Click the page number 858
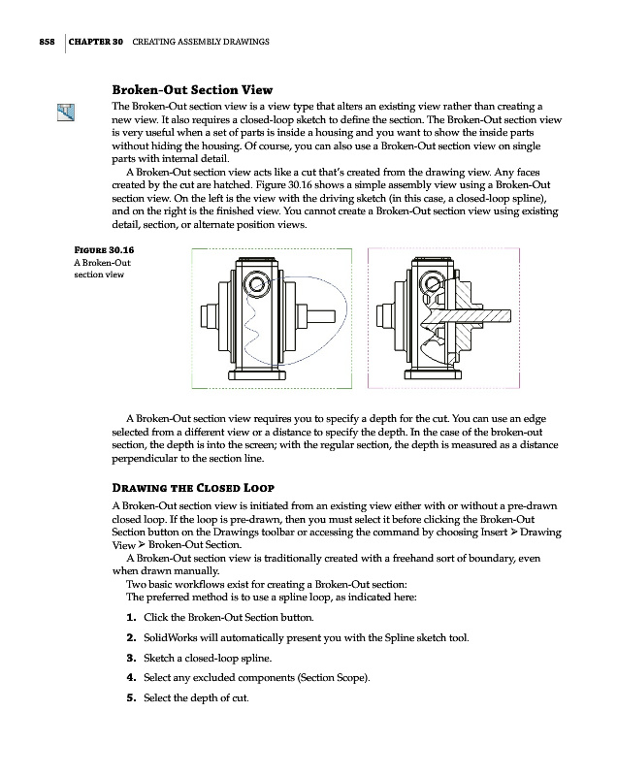click(x=38, y=42)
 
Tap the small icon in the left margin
click(x=66, y=113)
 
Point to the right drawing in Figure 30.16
click(x=443, y=316)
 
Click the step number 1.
click(x=131, y=618)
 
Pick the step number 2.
click(x=131, y=639)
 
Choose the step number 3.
click(x=131, y=660)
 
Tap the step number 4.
click(x=131, y=681)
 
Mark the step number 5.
click(x=131, y=701)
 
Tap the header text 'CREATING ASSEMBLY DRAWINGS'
click(x=200, y=42)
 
